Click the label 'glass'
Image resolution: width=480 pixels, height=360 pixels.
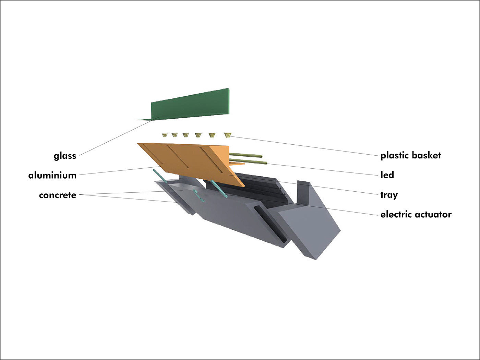coord(65,156)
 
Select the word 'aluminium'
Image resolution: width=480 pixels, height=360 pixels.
coord(52,176)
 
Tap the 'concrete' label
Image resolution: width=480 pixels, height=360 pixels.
coord(58,195)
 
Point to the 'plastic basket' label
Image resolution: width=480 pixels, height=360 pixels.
coord(410,155)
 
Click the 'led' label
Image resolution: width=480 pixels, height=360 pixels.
coord(387,175)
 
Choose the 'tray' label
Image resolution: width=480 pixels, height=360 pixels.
coord(389,195)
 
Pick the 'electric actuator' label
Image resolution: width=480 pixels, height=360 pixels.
coord(416,215)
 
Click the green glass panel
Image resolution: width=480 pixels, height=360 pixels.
coord(192,105)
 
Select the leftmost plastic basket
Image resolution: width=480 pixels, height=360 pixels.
coord(165,135)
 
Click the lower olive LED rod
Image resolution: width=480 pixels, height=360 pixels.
coord(249,161)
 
